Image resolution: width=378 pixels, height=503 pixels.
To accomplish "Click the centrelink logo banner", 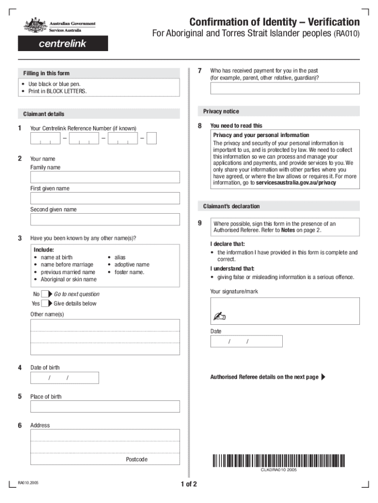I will pos(63,44).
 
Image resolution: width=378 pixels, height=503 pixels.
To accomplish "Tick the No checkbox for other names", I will pos(45,294).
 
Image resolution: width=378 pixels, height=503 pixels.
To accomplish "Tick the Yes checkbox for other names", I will pos(45,304).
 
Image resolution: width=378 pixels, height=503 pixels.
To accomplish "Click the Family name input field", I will pos(105,177).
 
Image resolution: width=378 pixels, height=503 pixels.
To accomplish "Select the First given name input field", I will pos(105,198).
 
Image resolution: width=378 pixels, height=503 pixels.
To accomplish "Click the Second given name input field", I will pos(105,220).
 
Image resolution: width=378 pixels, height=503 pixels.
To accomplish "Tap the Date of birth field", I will pos(64,378).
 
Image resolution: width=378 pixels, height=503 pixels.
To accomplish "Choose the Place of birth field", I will pos(105,406).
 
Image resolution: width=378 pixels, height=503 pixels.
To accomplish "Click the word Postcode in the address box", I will pos(136,459).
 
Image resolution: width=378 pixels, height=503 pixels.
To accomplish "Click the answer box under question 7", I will pos(285,88).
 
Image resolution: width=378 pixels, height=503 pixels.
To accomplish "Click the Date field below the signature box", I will pos(246,341).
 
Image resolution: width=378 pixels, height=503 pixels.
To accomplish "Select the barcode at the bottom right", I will pos(279,461).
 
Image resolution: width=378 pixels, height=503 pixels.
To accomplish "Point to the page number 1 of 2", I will pos(189,485).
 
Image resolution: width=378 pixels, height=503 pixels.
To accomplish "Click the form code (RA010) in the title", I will pos(347,35).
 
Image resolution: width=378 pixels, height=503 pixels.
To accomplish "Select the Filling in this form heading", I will pos(46,73).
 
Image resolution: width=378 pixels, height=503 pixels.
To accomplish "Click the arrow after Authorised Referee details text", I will pos(323,377).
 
